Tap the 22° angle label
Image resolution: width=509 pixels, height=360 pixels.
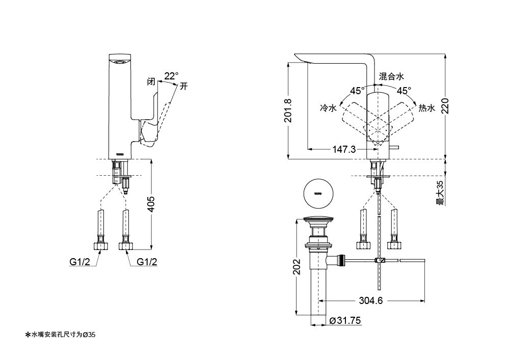tap(171, 76)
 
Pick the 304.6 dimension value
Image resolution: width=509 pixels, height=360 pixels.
tap(371, 300)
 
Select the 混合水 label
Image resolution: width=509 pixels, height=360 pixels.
tap(391, 76)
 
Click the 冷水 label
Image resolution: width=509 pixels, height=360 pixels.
tap(328, 108)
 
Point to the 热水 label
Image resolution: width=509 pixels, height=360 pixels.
tap(426, 108)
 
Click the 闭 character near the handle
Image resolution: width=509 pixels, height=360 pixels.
tap(151, 81)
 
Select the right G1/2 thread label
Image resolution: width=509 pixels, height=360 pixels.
tap(147, 262)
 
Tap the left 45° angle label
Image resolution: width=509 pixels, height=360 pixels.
tap(357, 91)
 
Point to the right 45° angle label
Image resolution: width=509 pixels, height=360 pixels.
tap(404, 91)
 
